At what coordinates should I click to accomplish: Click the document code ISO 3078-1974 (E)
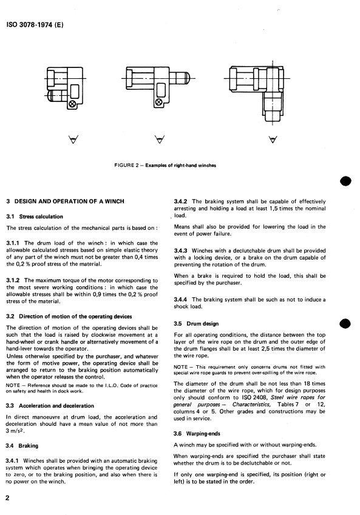35,24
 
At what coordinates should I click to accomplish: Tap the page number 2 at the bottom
7,497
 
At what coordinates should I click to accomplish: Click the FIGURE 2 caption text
165,165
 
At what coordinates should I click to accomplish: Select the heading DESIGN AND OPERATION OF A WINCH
65,201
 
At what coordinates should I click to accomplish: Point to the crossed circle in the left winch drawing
73,104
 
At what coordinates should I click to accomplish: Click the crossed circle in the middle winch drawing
159,102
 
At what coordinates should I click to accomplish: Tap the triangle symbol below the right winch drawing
272,140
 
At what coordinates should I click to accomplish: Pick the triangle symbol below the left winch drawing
73,140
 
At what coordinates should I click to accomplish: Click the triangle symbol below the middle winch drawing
160,140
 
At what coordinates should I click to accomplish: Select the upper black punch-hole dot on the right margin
346,181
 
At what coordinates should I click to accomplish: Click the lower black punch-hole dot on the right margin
346,323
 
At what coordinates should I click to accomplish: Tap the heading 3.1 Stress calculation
35,217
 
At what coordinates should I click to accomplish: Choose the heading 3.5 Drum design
196,323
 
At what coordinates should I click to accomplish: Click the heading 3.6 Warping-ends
197,434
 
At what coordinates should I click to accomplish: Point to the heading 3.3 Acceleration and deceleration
50,406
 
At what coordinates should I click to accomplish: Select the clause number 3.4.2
180,201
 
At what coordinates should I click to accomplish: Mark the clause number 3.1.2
13,280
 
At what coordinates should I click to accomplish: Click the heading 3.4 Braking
22,446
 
